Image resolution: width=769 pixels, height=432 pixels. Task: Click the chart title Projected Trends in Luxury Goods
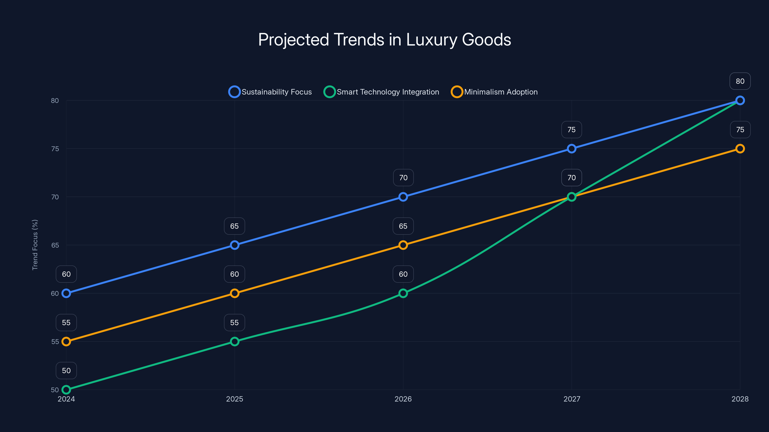click(384, 40)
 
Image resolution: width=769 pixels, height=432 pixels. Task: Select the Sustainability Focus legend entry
click(270, 92)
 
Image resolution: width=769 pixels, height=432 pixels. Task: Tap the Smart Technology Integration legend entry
click(382, 92)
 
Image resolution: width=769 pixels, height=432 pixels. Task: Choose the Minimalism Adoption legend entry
click(494, 92)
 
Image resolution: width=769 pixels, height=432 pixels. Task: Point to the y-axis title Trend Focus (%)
click(35, 245)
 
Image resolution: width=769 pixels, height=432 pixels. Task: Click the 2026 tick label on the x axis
click(403, 399)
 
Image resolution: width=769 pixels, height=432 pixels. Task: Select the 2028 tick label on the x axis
click(740, 399)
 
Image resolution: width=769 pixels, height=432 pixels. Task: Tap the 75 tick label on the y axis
click(55, 149)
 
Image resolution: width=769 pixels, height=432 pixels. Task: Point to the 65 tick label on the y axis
click(55, 245)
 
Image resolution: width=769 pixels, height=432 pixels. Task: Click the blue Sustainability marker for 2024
click(66, 293)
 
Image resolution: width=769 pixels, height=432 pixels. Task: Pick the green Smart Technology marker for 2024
click(66, 390)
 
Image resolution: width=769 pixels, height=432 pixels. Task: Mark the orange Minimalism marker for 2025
click(235, 293)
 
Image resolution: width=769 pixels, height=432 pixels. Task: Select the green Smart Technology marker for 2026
click(403, 293)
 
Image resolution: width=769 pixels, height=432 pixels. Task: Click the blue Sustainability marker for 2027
click(571, 149)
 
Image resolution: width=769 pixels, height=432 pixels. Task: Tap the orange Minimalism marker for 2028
click(740, 149)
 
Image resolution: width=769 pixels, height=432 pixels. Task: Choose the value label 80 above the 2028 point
click(740, 81)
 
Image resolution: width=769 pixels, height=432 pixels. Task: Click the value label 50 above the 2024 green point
click(66, 371)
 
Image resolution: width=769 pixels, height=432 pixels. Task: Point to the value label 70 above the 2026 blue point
click(403, 178)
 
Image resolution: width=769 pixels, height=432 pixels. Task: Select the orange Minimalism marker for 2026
click(403, 245)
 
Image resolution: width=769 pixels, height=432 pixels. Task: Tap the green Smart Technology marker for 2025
click(235, 341)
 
